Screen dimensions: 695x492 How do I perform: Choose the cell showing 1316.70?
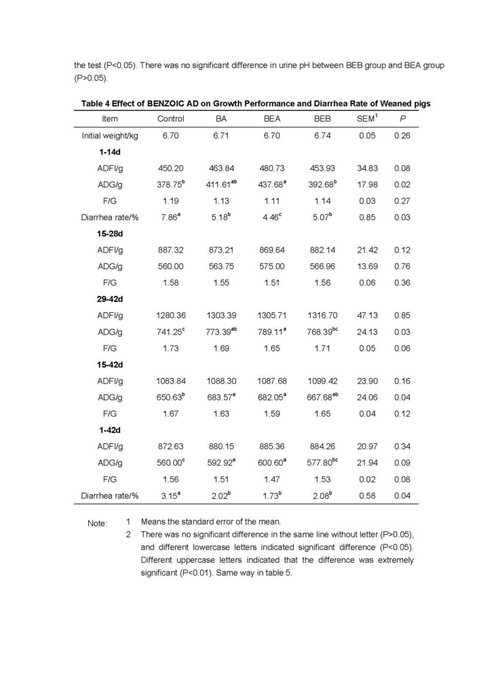pos(317,316)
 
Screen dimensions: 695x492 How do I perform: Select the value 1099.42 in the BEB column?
pos(317,381)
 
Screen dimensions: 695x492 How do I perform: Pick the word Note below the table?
pos(97,523)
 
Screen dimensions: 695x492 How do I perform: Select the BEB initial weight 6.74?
pos(317,136)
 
